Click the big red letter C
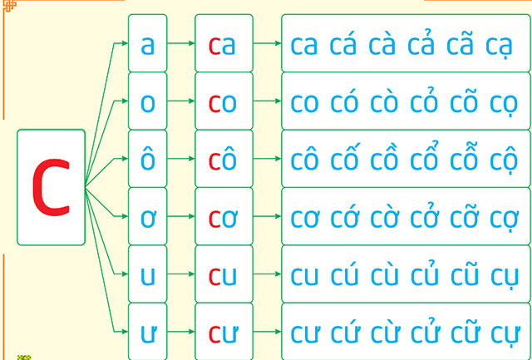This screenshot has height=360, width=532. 51,187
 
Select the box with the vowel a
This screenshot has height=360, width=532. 148,45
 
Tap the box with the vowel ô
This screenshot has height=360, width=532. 148,159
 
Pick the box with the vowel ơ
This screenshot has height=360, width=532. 148,217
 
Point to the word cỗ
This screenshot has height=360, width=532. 465,157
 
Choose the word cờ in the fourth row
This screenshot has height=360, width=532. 386,216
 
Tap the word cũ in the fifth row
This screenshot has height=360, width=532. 465,273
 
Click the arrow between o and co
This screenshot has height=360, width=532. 180,102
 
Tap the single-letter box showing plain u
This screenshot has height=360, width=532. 148,274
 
